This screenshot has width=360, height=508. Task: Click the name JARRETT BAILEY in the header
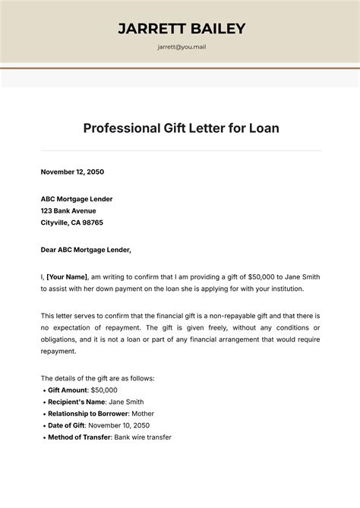(182, 28)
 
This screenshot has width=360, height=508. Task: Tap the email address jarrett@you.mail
(182, 47)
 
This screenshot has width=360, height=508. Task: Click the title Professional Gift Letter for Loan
(181, 128)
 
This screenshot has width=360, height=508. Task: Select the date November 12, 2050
(72, 172)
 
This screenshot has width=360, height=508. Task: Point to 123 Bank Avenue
(68, 210)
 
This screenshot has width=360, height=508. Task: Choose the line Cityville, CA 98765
(71, 222)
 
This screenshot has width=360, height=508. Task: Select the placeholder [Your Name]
(67, 276)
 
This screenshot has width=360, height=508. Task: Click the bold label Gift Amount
(68, 390)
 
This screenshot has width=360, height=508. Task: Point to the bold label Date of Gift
(65, 426)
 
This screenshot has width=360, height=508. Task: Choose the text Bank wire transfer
(142, 438)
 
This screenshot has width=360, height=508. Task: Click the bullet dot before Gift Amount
(43, 390)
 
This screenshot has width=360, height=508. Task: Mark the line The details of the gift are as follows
(97, 377)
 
